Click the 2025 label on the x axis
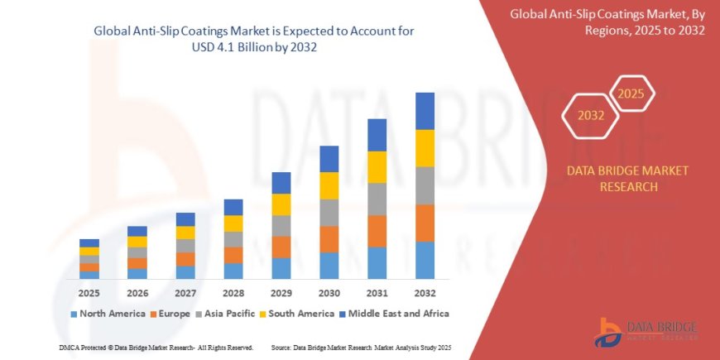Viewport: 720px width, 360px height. [89, 293]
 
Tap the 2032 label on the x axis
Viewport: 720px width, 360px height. [425, 293]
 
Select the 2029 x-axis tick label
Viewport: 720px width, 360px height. [281, 293]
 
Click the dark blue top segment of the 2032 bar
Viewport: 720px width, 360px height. [425, 111]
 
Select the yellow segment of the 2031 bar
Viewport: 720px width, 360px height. [377, 167]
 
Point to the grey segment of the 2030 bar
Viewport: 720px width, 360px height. [329, 213]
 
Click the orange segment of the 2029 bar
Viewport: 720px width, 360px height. [281, 247]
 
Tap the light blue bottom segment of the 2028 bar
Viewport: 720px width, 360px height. [233, 271]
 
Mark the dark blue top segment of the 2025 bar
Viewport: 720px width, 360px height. [89, 242]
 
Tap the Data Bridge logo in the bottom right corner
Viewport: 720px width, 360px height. [646, 332]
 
